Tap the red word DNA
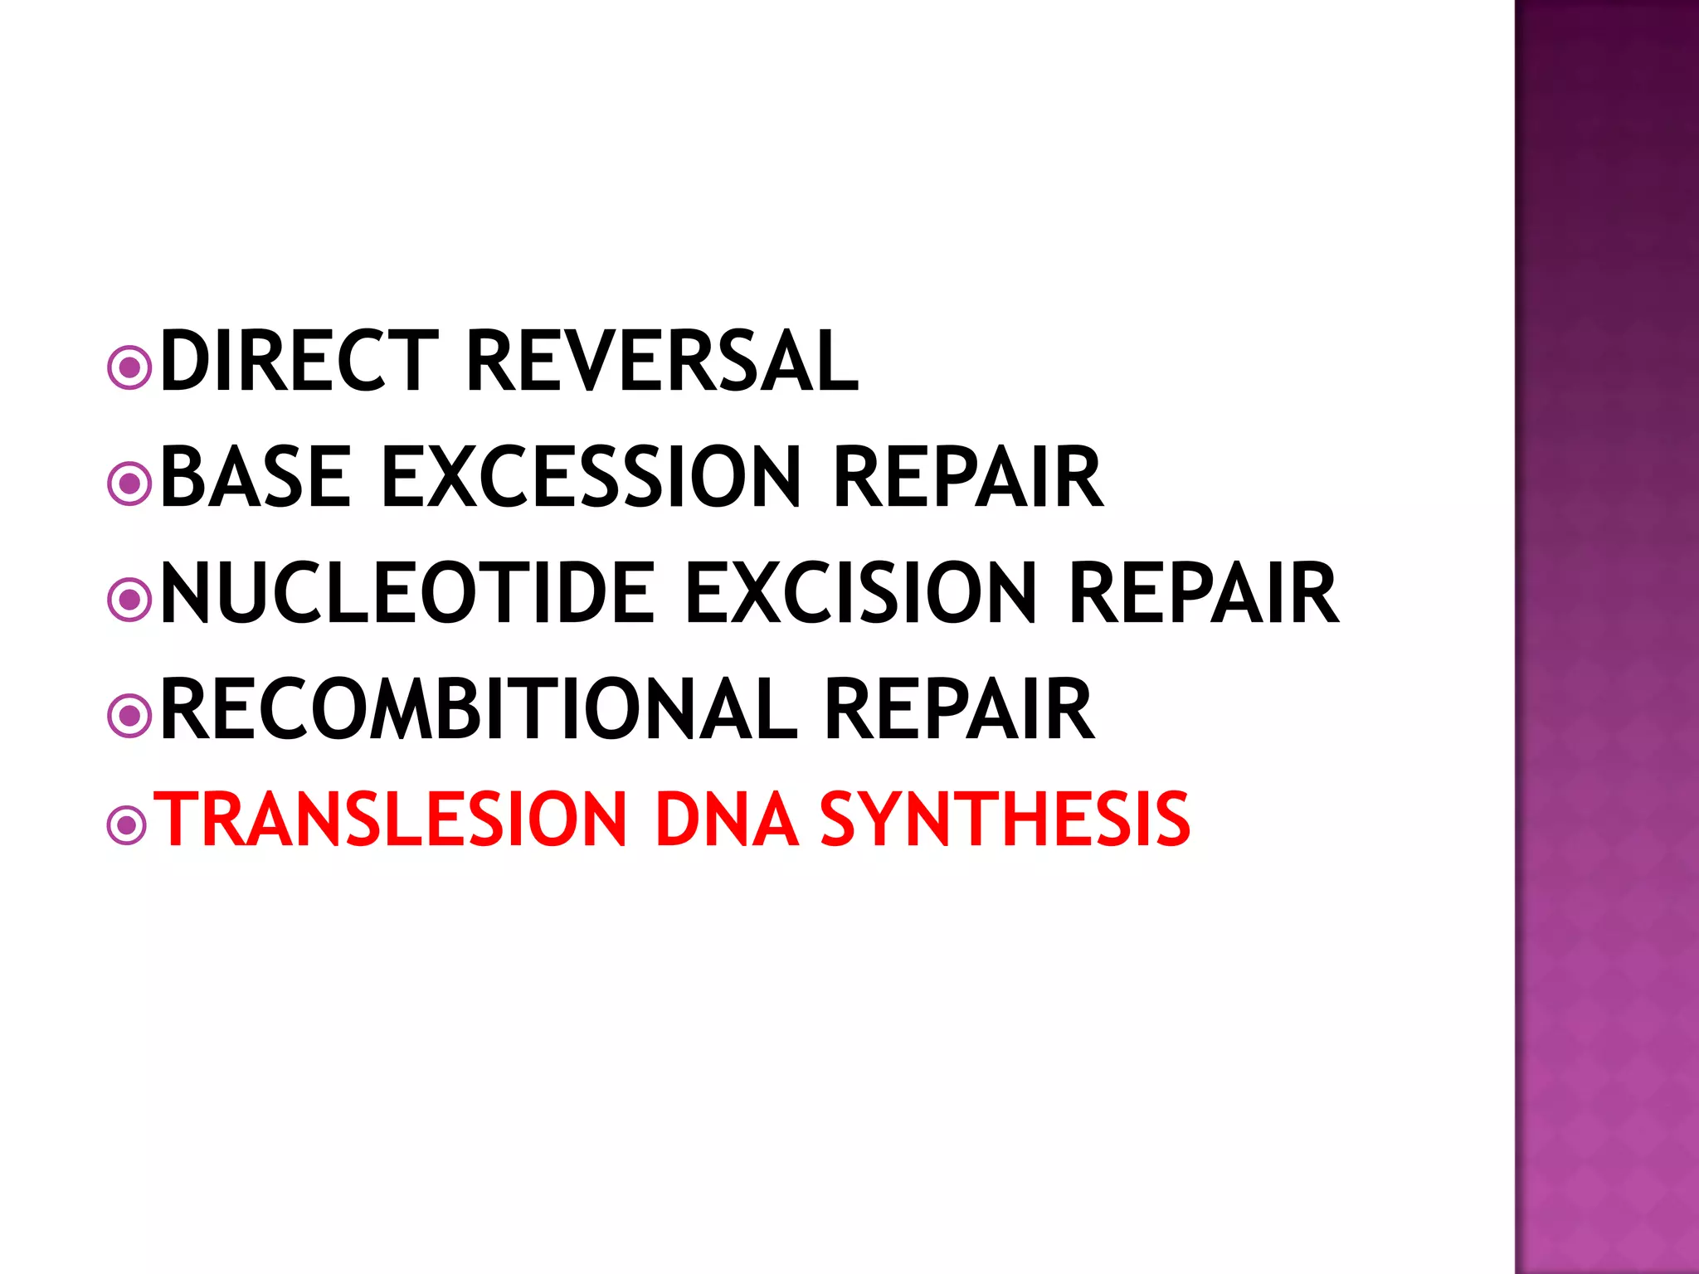tap(727, 819)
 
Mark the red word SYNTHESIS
tap(1005, 819)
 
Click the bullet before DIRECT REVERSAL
tap(129, 367)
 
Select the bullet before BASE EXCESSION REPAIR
tap(129, 484)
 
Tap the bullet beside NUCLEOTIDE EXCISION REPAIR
tap(129, 600)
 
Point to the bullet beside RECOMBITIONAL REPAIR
tap(129, 715)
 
